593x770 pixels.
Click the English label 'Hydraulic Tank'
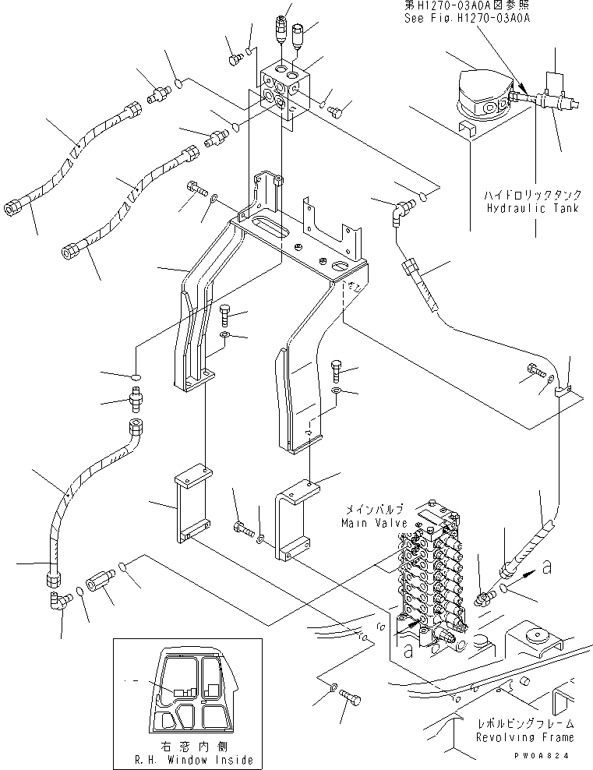click(531, 209)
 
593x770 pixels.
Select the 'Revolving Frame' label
click(530, 737)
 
